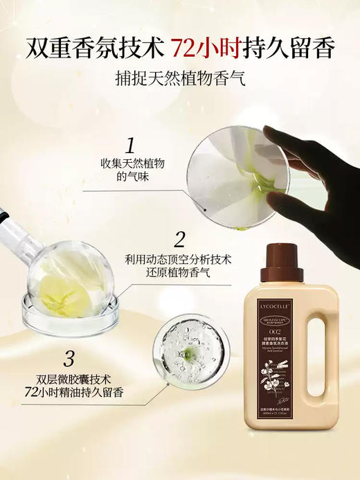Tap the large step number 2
179,240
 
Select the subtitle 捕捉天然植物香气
179,79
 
